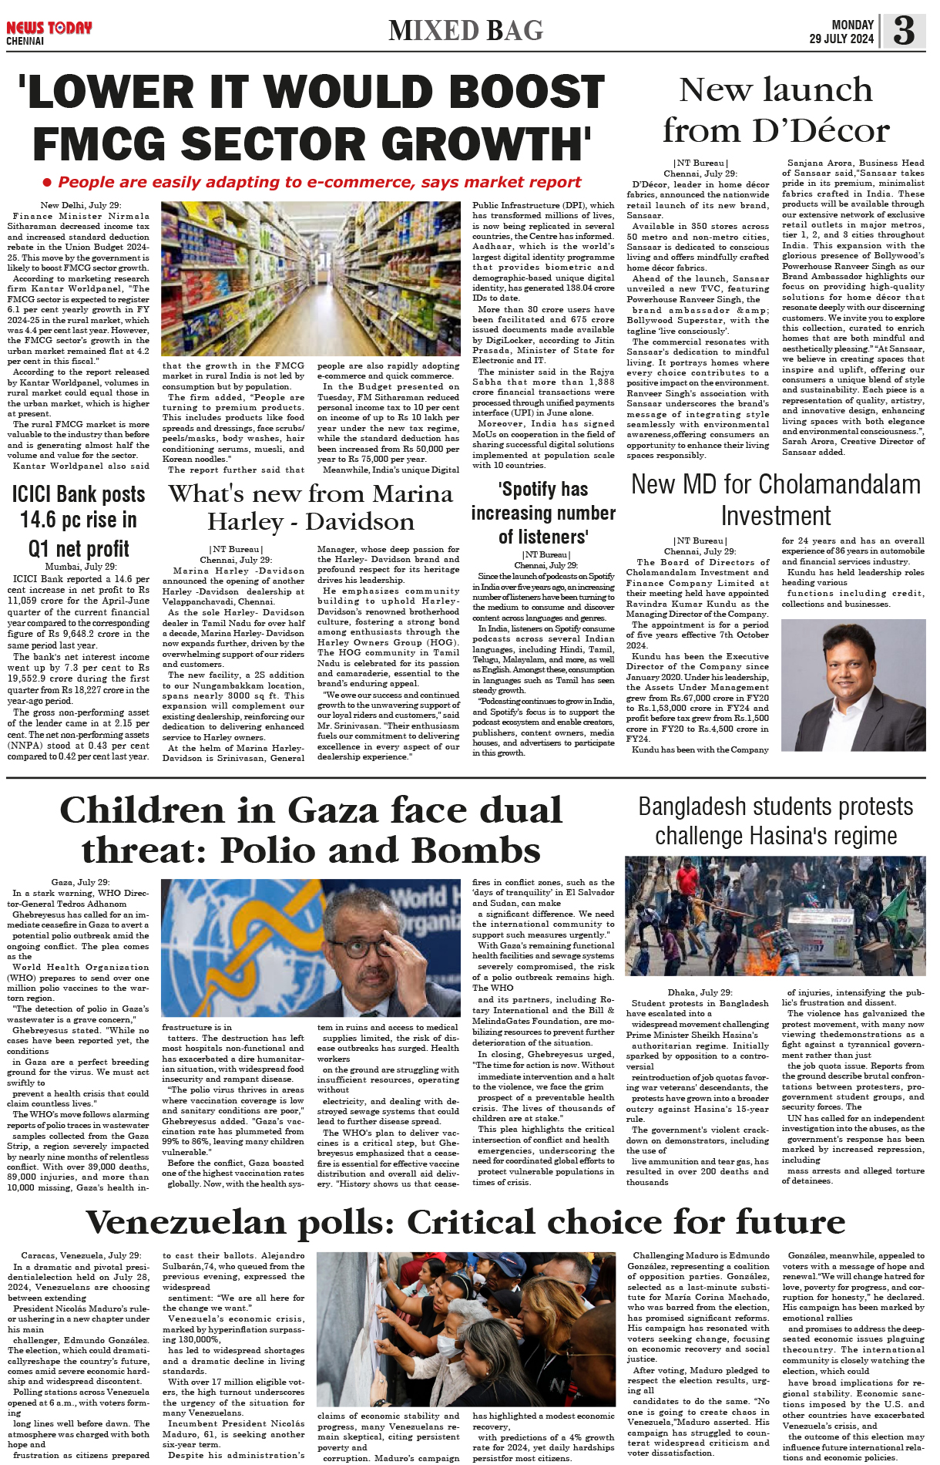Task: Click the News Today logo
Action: tap(49, 29)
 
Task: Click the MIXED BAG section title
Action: tap(465, 31)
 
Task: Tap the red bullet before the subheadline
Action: tap(47, 183)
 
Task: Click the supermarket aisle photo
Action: tap(311, 278)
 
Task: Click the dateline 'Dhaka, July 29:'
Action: tap(700, 992)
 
